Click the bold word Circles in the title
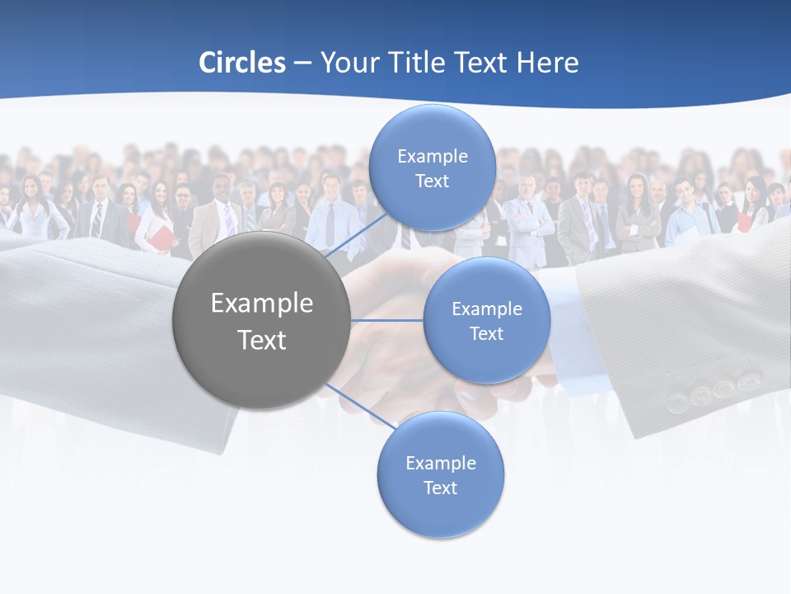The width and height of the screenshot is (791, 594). [x=242, y=63]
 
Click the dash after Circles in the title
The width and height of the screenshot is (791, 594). [x=302, y=64]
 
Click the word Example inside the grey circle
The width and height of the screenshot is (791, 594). [x=262, y=304]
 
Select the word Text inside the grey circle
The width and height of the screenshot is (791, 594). [x=262, y=340]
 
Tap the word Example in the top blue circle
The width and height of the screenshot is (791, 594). [x=433, y=157]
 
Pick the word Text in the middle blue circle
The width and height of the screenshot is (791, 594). [x=486, y=334]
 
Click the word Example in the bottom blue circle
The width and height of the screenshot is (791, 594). [x=441, y=464]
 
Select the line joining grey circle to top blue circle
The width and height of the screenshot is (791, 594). [x=356, y=235]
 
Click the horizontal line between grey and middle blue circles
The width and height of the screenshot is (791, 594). [x=386, y=320]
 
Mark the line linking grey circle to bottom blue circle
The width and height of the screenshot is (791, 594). [x=360, y=406]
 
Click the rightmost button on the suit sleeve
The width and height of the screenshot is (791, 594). [x=748, y=381]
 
